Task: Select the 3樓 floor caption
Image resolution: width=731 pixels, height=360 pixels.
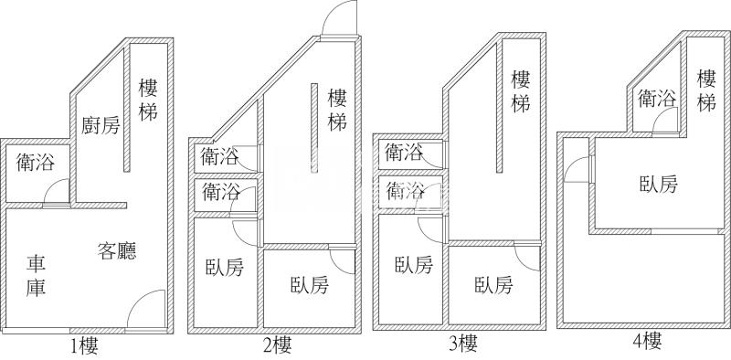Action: point(463,344)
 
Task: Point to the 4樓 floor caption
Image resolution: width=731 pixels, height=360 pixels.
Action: point(646,342)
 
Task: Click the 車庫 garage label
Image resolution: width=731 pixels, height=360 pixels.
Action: point(37,275)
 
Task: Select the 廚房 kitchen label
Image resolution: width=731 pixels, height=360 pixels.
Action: point(101,125)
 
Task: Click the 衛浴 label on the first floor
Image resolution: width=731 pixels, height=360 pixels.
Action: point(36,163)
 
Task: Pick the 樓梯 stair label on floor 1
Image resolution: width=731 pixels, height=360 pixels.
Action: point(149,101)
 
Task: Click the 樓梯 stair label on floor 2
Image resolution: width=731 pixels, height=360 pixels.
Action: point(336,109)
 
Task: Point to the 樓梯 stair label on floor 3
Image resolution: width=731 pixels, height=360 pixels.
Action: point(521,91)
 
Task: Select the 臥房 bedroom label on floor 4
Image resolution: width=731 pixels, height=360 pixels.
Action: point(658,184)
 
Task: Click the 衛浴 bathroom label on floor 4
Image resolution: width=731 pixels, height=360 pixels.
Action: point(656,98)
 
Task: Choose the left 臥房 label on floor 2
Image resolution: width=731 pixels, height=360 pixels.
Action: point(225,268)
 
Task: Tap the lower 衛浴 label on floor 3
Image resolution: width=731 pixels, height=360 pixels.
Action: point(405,191)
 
